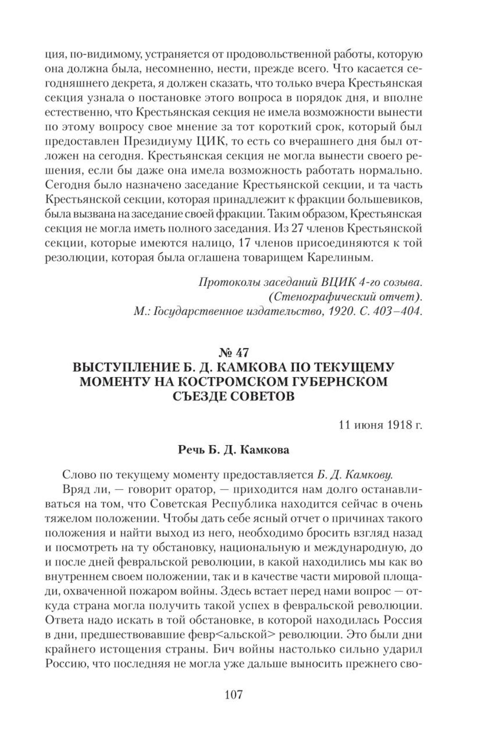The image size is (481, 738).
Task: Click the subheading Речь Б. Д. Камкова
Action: tap(234, 450)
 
